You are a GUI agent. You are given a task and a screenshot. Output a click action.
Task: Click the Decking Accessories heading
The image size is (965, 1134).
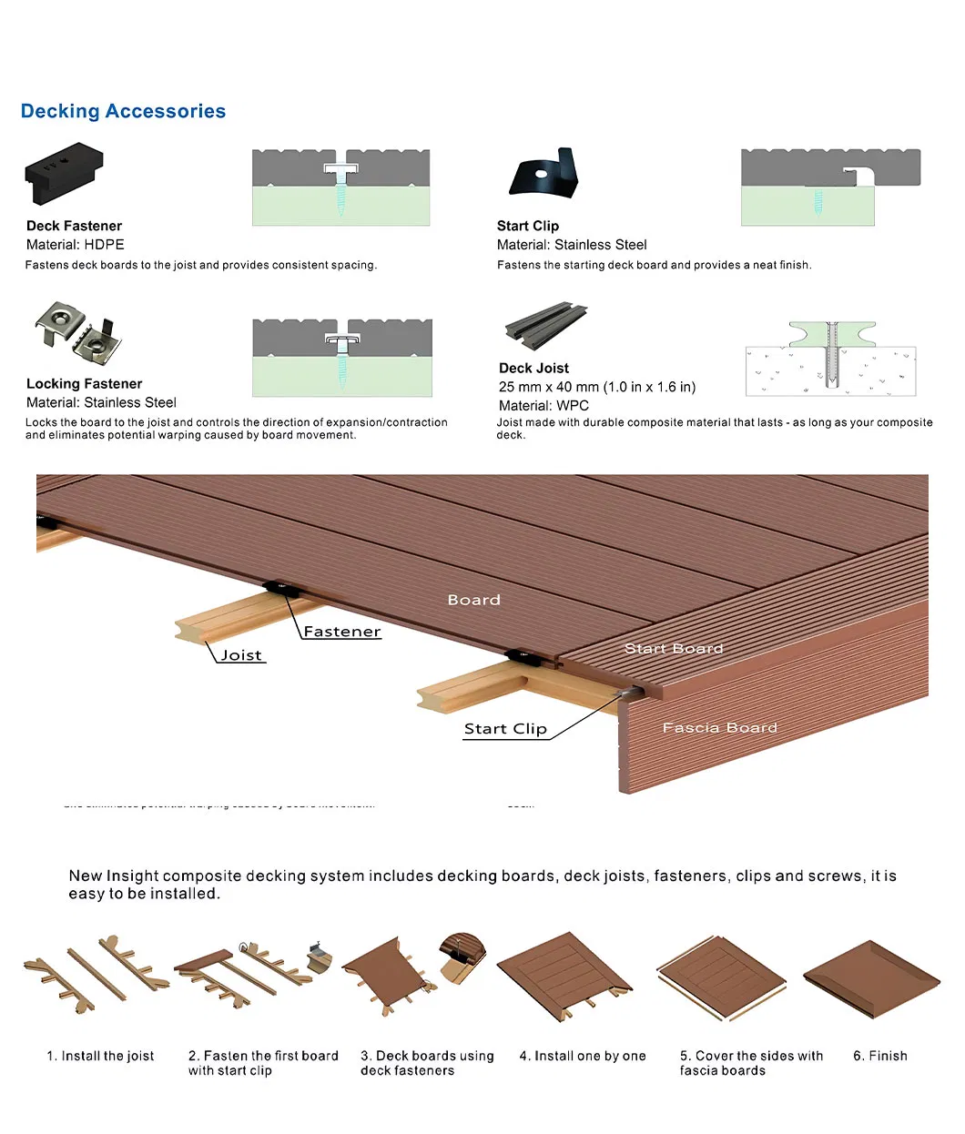[x=123, y=111]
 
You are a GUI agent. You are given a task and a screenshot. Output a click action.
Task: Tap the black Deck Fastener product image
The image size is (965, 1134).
[x=64, y=172]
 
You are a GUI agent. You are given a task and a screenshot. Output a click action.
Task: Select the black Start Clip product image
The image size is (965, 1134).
[x=544, y=173]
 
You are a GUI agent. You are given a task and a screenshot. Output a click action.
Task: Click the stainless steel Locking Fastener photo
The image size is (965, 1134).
[x=78, y=331]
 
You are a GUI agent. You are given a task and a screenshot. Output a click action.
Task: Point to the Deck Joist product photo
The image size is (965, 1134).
[x=545, y=326]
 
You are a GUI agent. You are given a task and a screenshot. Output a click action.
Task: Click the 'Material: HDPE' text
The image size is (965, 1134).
[x=76, y=245]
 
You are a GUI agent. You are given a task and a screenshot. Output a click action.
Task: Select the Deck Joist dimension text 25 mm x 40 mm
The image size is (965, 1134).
[x=596, y=387]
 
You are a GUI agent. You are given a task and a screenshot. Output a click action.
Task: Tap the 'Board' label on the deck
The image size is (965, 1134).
[x=473, y=600]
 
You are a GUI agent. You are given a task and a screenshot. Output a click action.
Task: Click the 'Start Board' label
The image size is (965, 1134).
[x=674, y=649]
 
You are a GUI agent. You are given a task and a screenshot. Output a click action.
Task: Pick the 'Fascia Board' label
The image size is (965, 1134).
[x=719, y=728]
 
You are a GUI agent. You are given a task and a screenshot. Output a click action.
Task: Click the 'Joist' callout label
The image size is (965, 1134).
[x=241, y=655]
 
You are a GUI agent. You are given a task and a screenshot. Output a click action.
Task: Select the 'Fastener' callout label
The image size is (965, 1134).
[x=342, y=632]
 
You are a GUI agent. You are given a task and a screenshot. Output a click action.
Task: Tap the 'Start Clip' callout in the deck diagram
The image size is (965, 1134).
[x=505, y=729]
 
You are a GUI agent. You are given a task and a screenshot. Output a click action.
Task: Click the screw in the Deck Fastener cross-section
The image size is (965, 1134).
[x=341, y=195]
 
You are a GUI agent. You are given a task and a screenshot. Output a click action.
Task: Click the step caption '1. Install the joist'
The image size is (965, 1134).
[x=100, y=1056]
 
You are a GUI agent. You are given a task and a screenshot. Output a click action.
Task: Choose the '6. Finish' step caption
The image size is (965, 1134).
[x=879, y=1056]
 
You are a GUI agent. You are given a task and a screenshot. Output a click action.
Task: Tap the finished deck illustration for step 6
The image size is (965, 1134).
[x=871, y=978]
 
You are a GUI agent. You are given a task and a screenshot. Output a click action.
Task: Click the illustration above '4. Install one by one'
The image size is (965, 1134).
[x=564, y=977]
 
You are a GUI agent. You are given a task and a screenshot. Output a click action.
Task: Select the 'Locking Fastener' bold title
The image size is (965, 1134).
[x=84, y=384]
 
